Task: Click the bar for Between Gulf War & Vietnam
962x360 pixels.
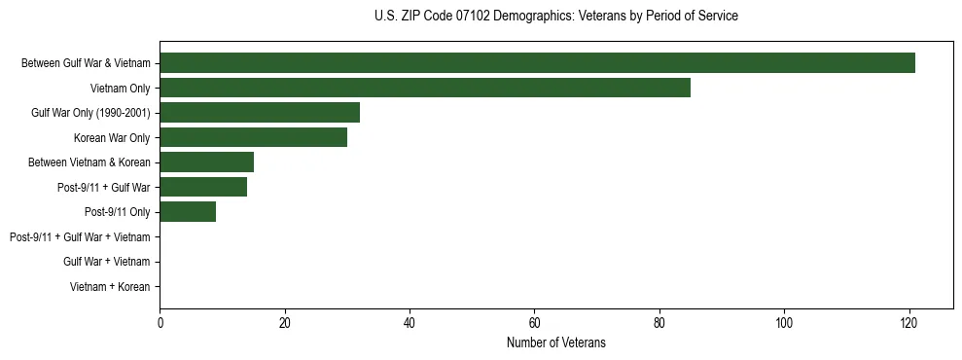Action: coord(537,63)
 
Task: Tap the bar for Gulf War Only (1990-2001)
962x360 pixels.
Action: coord(260,113)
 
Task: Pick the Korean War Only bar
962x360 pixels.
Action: coord(253,137)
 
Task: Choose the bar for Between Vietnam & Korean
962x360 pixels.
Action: coord(206,162)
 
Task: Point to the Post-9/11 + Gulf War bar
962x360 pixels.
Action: coord(203,187)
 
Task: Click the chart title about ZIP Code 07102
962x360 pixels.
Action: coord(555,17)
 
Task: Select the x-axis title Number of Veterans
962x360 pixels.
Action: coord(555,342)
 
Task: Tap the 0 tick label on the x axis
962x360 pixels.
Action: coord(160,323)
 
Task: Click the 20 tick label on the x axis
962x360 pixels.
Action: coord(284,323)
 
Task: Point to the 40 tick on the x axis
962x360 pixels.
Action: coord(410,323)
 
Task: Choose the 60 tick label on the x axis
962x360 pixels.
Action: coord(534,323)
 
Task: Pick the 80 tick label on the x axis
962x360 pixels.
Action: coord(659,323)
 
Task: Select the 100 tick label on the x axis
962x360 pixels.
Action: coord(784,323)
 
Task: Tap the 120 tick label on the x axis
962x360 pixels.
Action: coord(909,323)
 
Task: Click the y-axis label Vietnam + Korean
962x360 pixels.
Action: coord(110,287)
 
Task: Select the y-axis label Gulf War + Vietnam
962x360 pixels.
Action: coord(106,262)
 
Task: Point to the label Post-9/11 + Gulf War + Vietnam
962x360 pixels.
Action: coord(80,237)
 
